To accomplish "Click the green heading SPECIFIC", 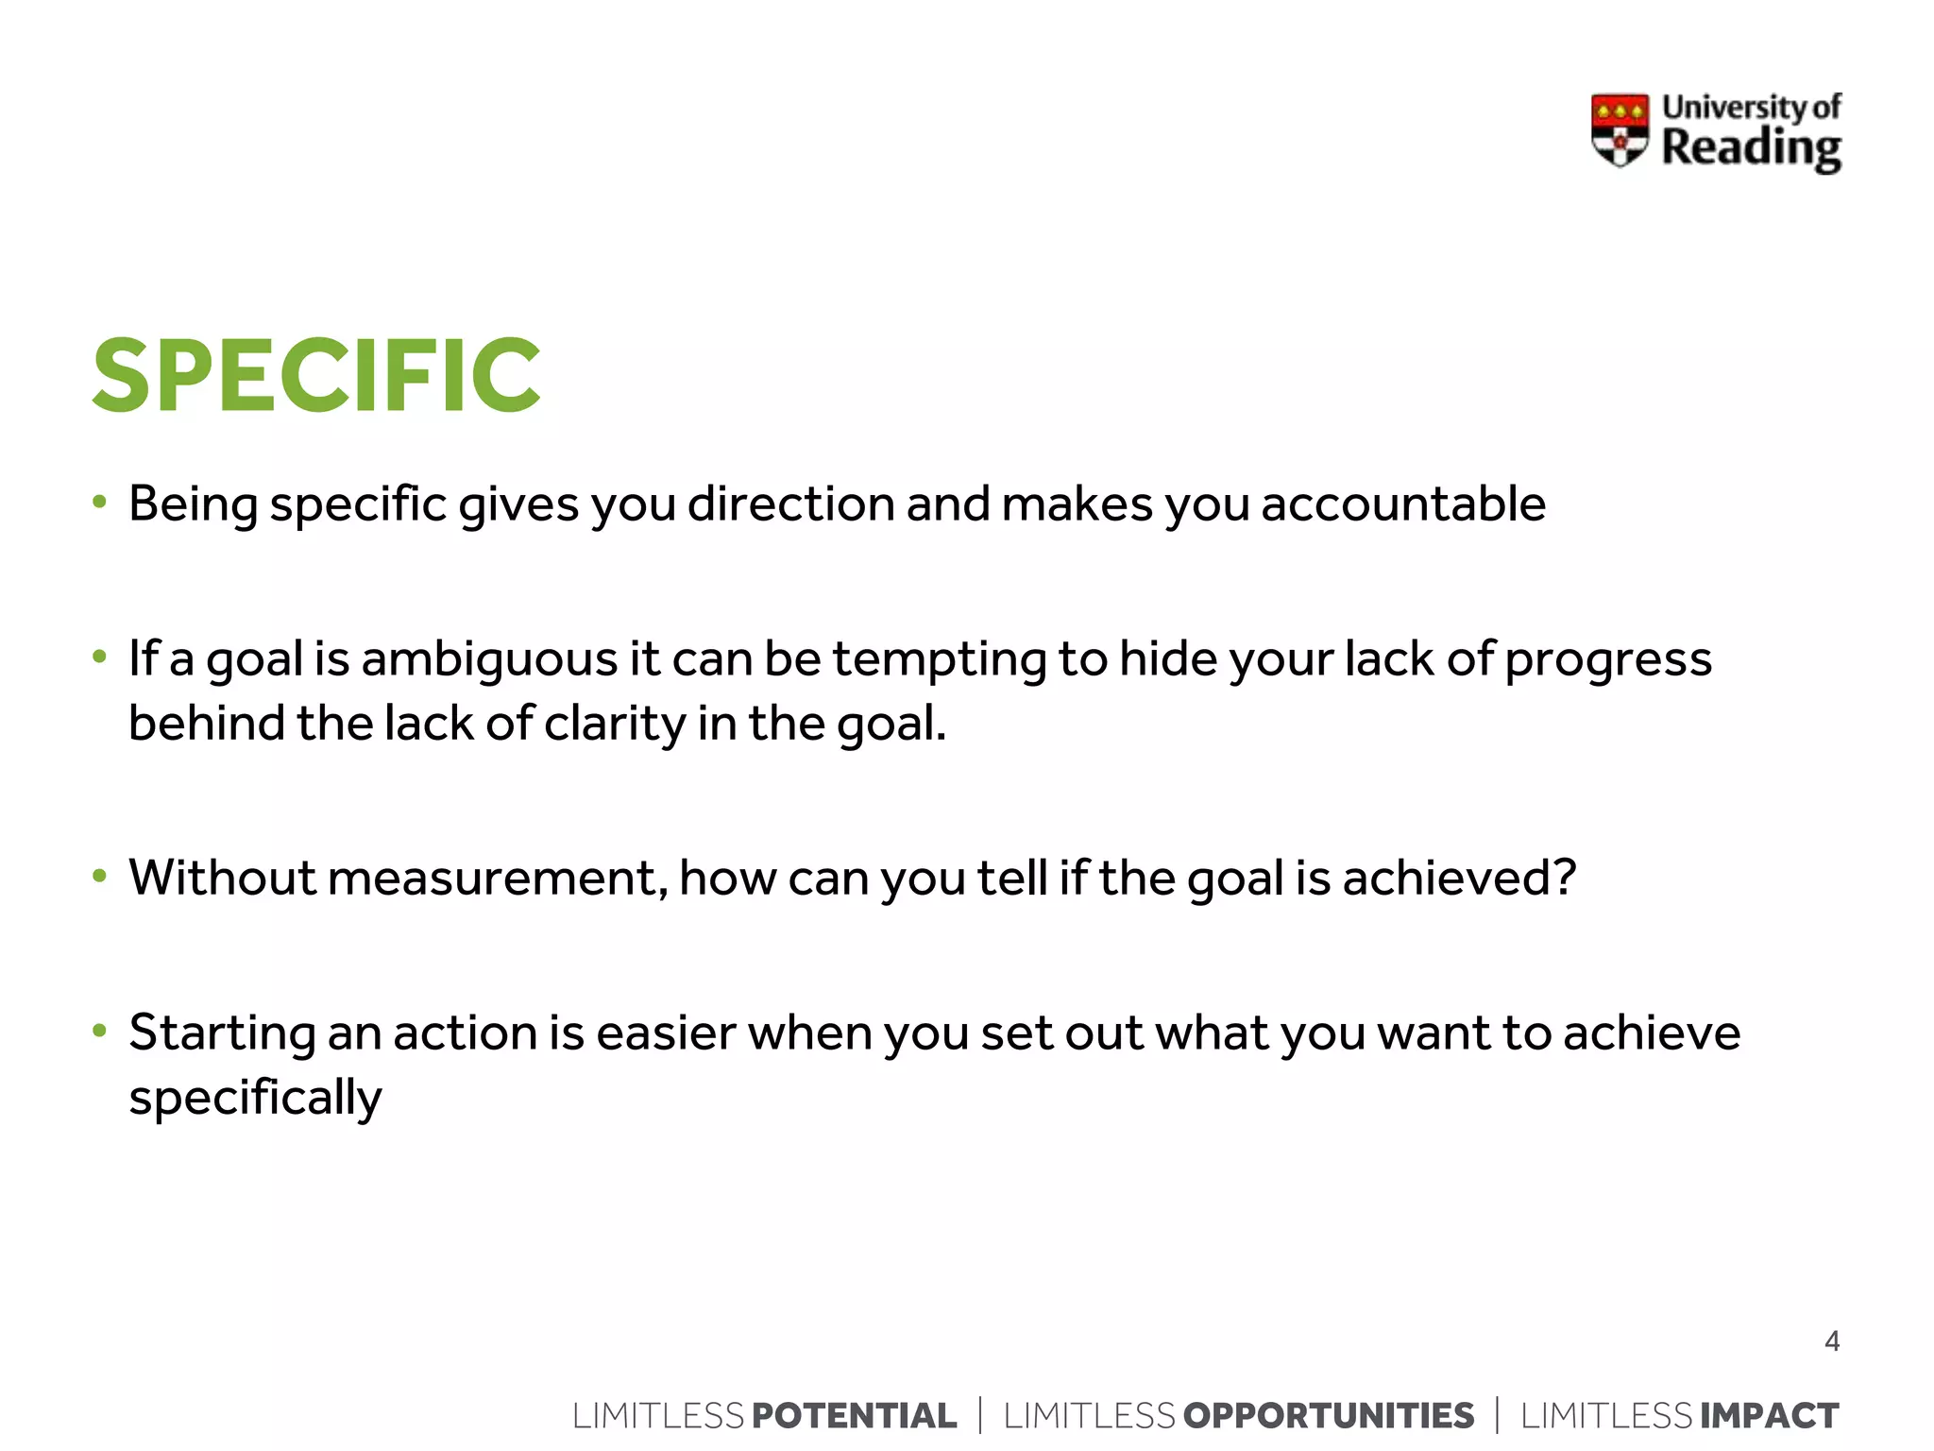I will pyautogui.click(x=316, y=376).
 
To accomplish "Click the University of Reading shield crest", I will pyautogui.click(x=1620, y=130).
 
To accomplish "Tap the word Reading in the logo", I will pyautogui.click(x=1751, y=148).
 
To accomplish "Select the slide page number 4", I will pyautogui.click(x=1831, y=1340).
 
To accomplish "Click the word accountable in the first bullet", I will pyautogui.click(x=1403, y=504).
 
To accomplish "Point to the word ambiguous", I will pyautogui.click(x=489, y=658).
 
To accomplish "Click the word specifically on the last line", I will pyautogui.click(x=255, y=1098).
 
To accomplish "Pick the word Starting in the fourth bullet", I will pyautogui.click(x=221, y=1033).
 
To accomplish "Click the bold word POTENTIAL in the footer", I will pyautogui.click(x=854, y=1415).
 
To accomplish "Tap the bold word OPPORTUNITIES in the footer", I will pyautogui.click(x=1328, y=1415).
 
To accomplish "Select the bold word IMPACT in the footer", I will pyautogui.click(x=1769, y=1415).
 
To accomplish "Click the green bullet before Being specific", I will pyautogui.click(x=99, y=502).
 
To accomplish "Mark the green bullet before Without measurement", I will pyautogui.click(x=99, y=876).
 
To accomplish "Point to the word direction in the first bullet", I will pyautogui.click(x=789, y=504).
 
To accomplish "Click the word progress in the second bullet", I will pyautogui.click(x=1607, y=660).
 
